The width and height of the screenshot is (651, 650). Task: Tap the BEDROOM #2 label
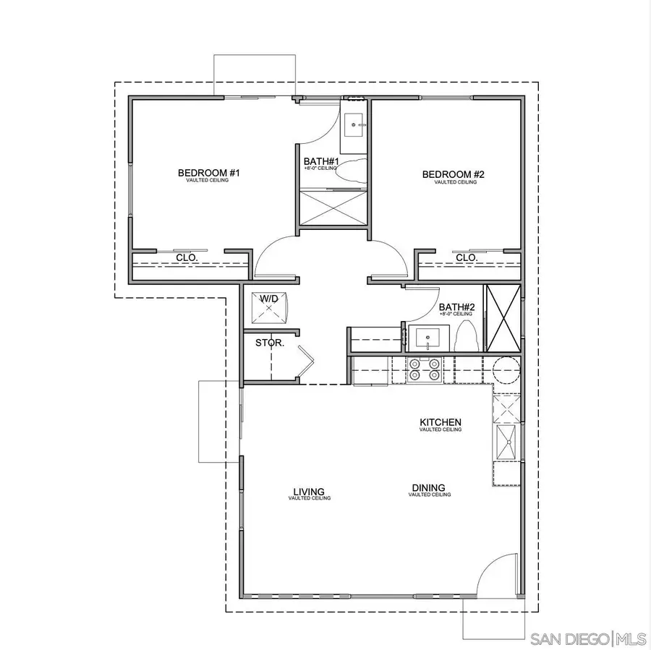[453, 174]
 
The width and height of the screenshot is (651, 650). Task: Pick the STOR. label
[270, 343]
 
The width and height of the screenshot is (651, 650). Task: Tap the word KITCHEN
[441, 422]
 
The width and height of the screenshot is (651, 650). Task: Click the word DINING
[429, 487]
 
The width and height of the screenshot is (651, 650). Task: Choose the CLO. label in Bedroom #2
[467, 257]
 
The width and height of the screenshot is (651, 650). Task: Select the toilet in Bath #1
[352, 172]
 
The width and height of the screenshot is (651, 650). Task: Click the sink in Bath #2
[429, 338]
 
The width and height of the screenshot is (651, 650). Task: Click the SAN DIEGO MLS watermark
[587, 638]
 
